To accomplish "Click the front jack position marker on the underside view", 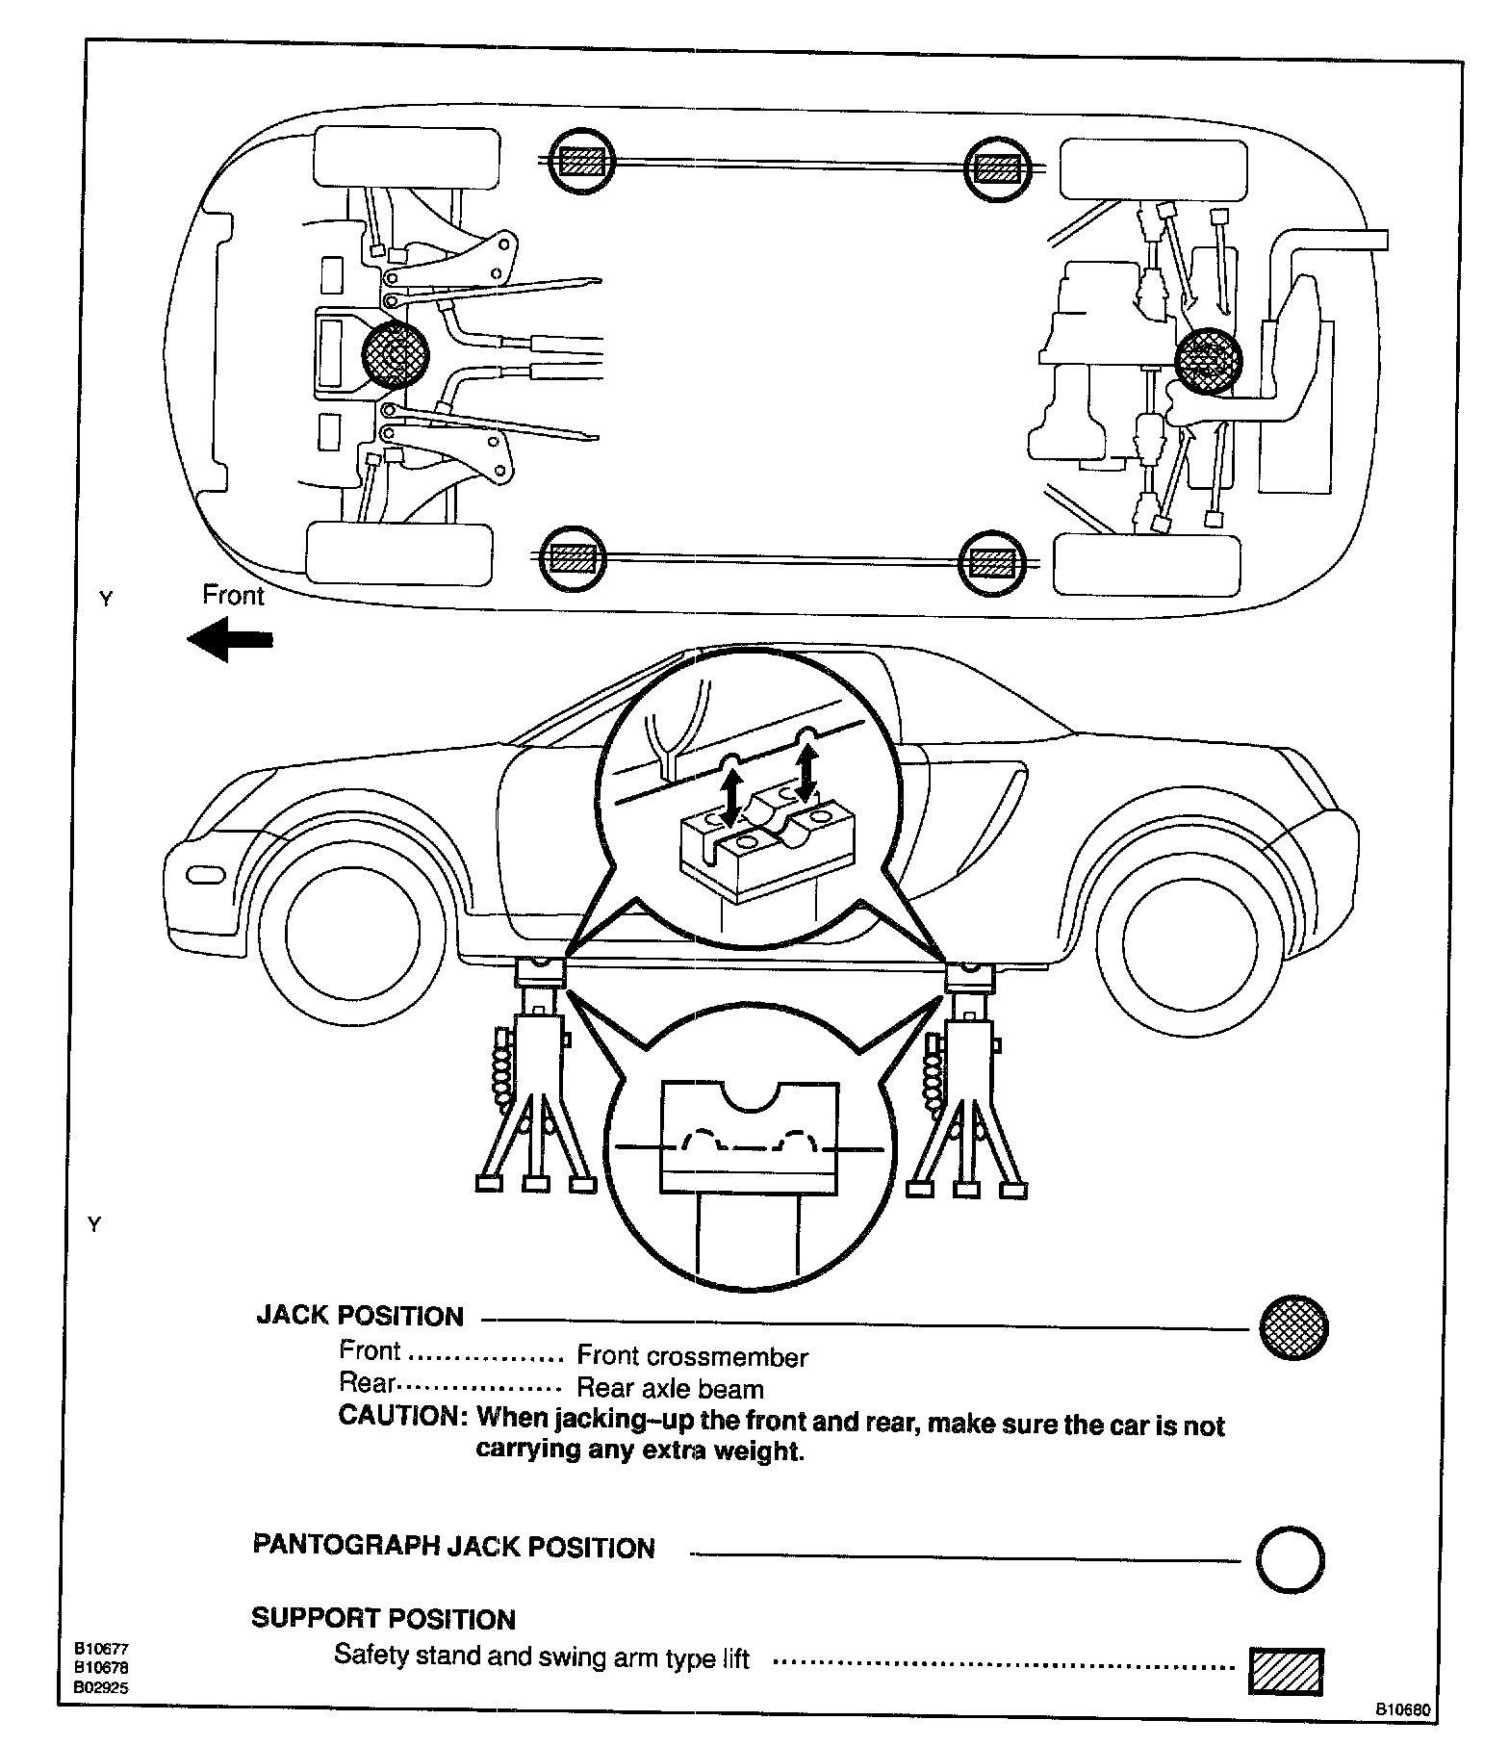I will tap(394, 355).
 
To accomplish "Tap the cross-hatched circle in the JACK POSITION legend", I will tap(1293, 1326).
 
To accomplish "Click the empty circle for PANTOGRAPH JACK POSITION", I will tap(1291, 1558).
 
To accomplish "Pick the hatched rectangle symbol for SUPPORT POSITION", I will tap(1286, 1671).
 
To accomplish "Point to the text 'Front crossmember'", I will tap(692, 1357).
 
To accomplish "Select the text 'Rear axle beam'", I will tap(670, 1389).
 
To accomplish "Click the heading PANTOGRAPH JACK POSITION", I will tap(453, 1548).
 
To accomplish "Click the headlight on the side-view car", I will tap(205, 875).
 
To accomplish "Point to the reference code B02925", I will tap(103, 1687).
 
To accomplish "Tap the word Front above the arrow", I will tap(233, 596).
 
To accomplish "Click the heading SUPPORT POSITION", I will tap(383, 1619).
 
